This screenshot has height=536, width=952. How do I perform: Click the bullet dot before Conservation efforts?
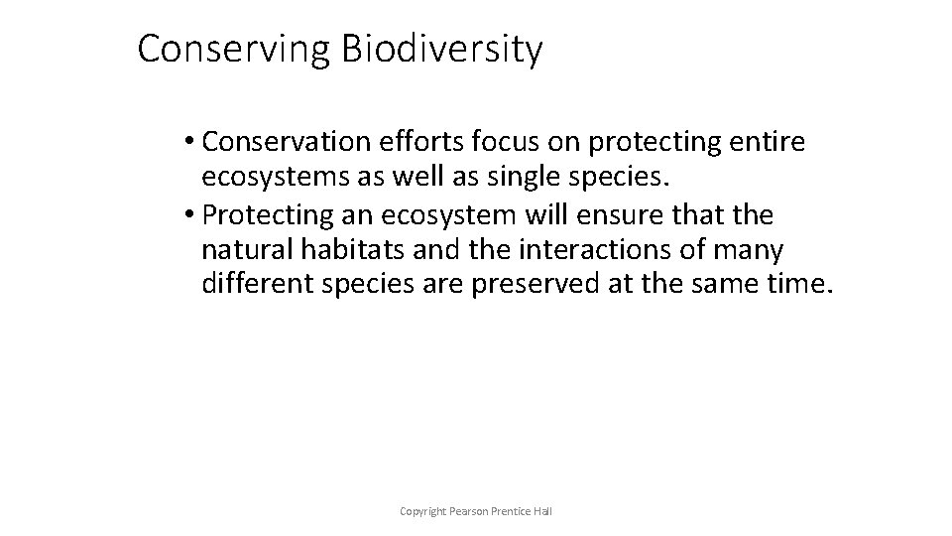click(188, 144)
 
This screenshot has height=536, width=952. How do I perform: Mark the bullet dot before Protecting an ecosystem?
click(188, 215)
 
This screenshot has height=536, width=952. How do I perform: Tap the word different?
click(253, 285)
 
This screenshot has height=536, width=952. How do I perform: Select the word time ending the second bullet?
click(800, 285)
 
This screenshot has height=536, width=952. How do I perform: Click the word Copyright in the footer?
click(422, 511)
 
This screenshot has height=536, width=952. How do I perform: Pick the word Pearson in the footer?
click(470, 511)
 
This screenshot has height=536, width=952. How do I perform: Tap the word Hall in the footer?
click(542, 511)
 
